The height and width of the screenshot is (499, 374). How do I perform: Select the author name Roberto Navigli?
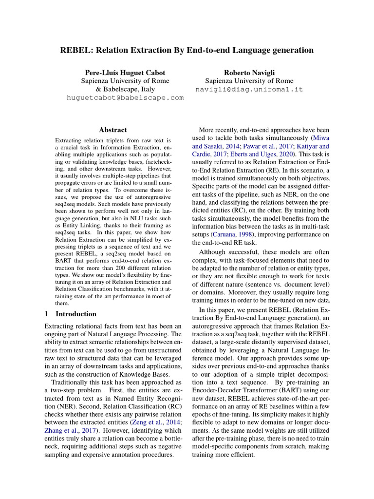249,72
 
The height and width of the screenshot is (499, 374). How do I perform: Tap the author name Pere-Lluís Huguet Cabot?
125,72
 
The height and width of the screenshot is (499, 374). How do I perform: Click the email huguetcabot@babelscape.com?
125,97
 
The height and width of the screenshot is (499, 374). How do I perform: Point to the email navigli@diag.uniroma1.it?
249,89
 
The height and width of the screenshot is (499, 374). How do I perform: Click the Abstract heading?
113,130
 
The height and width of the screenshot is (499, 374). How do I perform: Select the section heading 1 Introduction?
70,314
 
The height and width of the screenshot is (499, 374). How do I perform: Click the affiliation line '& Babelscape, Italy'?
125,89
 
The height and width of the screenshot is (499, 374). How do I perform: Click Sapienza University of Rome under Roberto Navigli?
249,81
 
